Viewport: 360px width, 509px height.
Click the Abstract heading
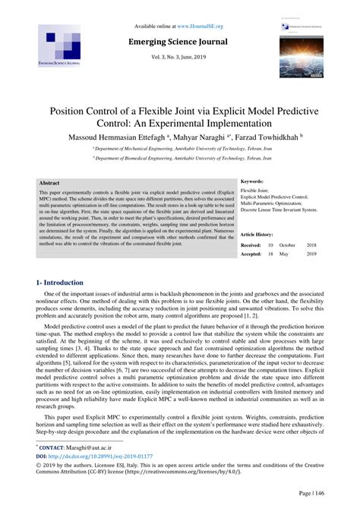pyautogui.click(x=49, y=184)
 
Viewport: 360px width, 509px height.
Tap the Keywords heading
pyautogui.click(x=252, y=182)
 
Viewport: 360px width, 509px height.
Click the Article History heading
pyautogui.click(x=259, y=236)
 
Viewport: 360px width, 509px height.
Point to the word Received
pyautogui.click(x=251, y=246)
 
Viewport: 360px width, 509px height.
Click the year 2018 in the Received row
pyautogui.click(x=311, y=246)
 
